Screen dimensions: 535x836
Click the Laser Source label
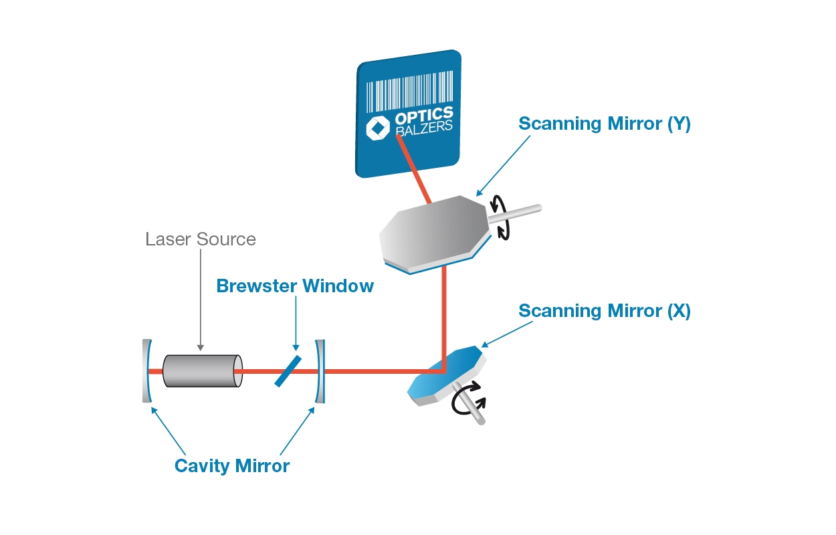point(201,239)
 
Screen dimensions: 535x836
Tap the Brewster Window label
point(295,286)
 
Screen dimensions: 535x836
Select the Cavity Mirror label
point(232,465)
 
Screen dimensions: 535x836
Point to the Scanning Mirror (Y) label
point(605,124)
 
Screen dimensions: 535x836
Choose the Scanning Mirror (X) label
point(605,311)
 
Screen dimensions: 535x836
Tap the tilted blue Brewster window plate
point(288,370)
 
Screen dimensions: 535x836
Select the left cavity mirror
point(147,370)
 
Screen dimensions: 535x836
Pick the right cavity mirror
point(320,370)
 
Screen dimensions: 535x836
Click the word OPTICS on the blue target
point(423,115)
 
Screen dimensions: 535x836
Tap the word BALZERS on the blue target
point(424,127)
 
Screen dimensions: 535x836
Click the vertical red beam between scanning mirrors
point(443,314)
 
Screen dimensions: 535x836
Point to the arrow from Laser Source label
point(201,301)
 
